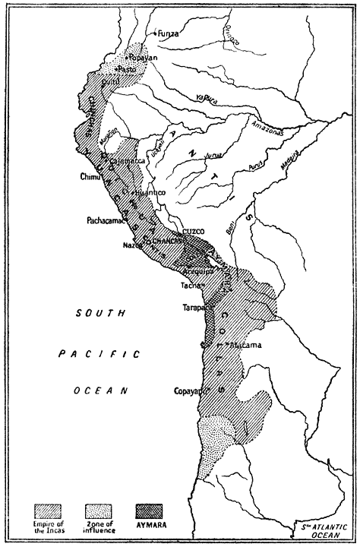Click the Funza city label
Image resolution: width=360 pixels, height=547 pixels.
(x=169, y=33)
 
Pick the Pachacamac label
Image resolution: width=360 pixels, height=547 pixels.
(x=103, y=221)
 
